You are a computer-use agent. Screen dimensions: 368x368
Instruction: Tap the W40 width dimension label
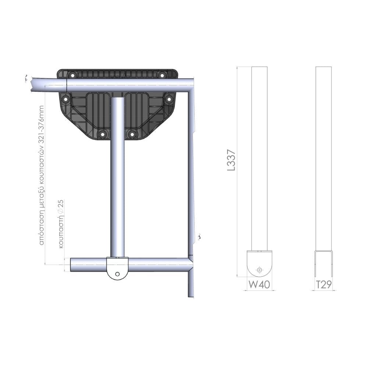pos(259,284)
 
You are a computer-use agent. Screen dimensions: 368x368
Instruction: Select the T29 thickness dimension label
pos(324,284)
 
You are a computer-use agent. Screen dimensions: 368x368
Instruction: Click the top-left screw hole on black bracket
pos(72,75)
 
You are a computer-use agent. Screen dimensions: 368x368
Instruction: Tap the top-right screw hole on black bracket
pos(162,75)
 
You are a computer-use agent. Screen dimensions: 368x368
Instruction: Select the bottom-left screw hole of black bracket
pos(102,134)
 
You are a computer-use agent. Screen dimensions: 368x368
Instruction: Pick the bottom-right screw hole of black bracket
pos(132,134)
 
